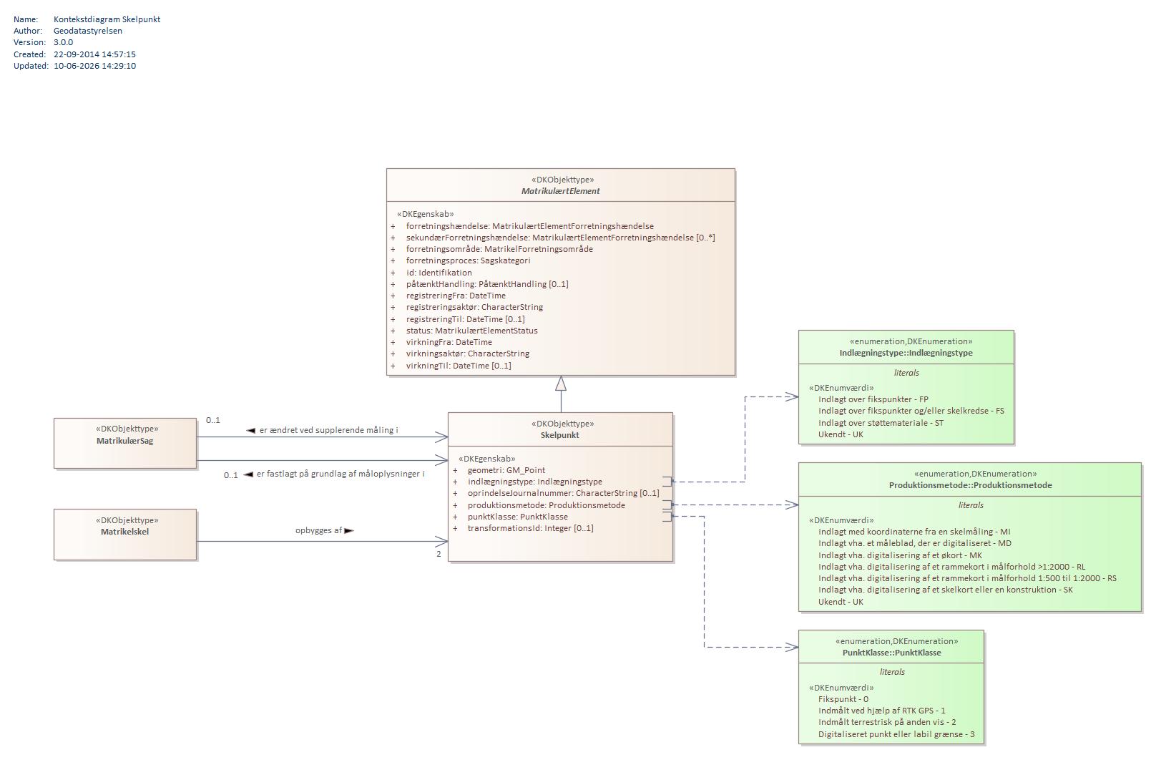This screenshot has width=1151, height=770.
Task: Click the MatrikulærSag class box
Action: tap(125, 443)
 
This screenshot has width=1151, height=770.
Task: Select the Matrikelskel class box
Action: tap(125, 535)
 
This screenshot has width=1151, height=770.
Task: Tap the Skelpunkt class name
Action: tap(559, 435)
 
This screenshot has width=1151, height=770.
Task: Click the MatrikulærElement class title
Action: tap(561, 191)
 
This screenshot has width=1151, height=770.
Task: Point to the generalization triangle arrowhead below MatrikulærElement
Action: tap(561, 384)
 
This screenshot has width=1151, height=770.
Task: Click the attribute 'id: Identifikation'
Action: tap(439, 273)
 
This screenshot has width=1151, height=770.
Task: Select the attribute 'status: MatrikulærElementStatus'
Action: tap(471, 331)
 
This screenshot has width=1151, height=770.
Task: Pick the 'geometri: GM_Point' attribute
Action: tap(506, 470)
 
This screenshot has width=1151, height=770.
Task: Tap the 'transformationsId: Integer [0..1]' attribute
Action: tap(530, 528)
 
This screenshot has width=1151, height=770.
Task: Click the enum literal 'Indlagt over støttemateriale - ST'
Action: tap(881, 423)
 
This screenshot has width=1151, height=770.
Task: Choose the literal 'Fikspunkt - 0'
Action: tap(843, 699)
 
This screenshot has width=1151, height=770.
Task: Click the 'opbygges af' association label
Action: tap(318, 530)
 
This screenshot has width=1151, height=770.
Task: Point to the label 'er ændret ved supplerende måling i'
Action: tap(329, 430)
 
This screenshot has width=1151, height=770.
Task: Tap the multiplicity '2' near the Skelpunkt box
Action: tap(439, 554)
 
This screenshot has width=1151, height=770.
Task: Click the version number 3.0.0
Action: tap(63, 43)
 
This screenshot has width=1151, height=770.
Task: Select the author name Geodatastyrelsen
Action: tap(88, 31)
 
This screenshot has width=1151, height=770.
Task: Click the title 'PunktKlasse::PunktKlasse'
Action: tap(891, 653)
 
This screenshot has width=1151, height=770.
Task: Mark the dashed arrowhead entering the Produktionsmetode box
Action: tap(792, 505)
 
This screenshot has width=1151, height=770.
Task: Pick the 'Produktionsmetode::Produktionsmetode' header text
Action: tap(970, 485)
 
